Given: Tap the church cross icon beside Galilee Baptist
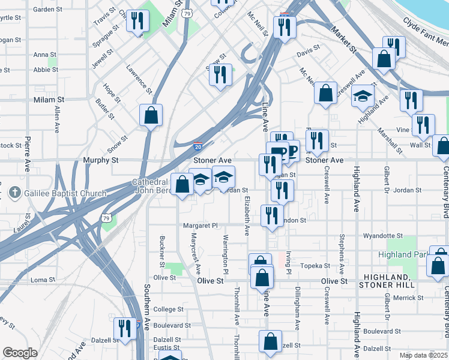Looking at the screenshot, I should pos(15,193).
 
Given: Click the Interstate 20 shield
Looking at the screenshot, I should pos(198,146).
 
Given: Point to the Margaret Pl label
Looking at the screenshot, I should pos(200,226).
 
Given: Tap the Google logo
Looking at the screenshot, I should pos(20,353).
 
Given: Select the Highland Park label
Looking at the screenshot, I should pos(402,254).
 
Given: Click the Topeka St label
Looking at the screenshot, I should pos(315,265).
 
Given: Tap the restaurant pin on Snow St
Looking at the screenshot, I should pos(220,75).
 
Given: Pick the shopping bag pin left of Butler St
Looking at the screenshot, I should pos(151,115).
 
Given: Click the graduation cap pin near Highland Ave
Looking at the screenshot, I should pos(363,96).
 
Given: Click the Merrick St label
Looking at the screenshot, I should pos(408,298).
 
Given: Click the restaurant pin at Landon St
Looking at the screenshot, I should pos(273,215).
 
